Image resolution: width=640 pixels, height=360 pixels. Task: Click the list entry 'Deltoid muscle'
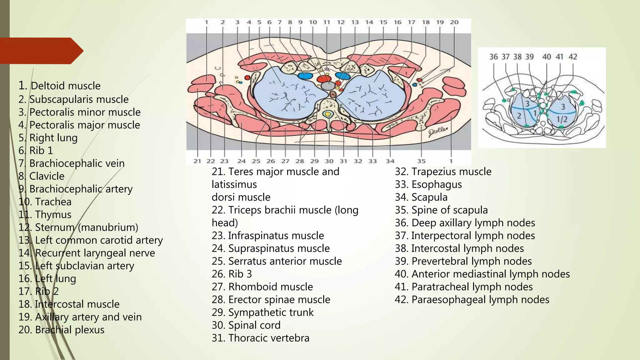[x=59, y=86]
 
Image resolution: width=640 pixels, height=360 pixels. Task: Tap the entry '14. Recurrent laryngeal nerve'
[x=87, y=253]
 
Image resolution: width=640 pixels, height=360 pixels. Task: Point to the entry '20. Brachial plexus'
[x=61, y=330]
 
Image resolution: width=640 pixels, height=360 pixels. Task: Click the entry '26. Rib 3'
[x=232, y=274]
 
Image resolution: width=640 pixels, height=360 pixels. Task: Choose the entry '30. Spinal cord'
[x=246, y=325]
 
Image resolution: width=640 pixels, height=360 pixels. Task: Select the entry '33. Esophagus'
[x=428, y=184]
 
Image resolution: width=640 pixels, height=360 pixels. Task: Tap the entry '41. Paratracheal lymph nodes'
[x=463, y=287]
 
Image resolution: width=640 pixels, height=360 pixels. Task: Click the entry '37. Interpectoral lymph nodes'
[x=465, y=235]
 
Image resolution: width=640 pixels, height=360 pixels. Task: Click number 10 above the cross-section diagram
[x=313, y=22]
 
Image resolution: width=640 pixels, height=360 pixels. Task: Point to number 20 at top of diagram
[x=454, y=22]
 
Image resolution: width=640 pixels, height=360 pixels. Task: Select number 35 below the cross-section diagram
[x=421, y=161]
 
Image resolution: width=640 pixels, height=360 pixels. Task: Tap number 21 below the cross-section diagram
[x=197, y=161]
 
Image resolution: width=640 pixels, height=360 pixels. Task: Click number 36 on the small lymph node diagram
[x=493, y=57]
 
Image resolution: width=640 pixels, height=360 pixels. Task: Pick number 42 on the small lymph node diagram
[x=572, y=57]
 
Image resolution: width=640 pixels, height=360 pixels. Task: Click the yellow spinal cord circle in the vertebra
[x=328, y=114]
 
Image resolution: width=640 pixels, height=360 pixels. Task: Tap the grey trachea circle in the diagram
[x=327, y=86]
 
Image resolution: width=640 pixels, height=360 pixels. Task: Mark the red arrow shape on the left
[x=41, y=51]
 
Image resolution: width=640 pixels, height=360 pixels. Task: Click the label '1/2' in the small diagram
[x=562, y=119]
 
